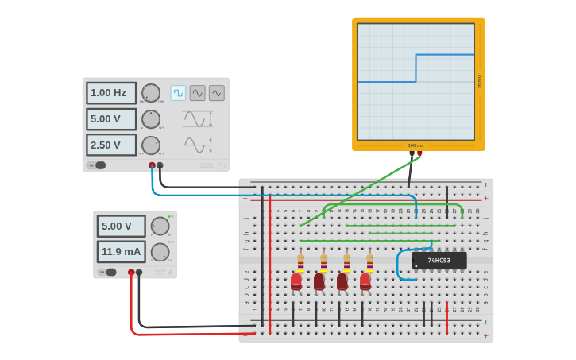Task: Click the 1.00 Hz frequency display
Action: coord(110,93)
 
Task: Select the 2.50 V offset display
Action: coord(110,145)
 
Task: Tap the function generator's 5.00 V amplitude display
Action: coord(110,119)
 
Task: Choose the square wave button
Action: coord(178,93)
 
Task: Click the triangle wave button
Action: coord(216,93)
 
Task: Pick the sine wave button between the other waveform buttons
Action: coord(197,93)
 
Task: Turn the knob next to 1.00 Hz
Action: coord(150,93)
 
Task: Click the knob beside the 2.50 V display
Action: coord(150,145)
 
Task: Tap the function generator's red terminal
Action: coord(152,165)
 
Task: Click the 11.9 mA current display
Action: coord(121,252)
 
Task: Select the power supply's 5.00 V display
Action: coord(121,226)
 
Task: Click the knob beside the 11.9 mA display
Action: coord(160,252)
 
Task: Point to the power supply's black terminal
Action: coord(139,272)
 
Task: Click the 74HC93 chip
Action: coord(439,260)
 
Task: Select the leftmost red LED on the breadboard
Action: coord(296,281)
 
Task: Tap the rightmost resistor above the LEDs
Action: coord(369,261)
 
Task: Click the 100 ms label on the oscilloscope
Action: coord(416,145)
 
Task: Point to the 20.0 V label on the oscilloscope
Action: coord(479,82)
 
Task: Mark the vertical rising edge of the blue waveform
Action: coord(416,68)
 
